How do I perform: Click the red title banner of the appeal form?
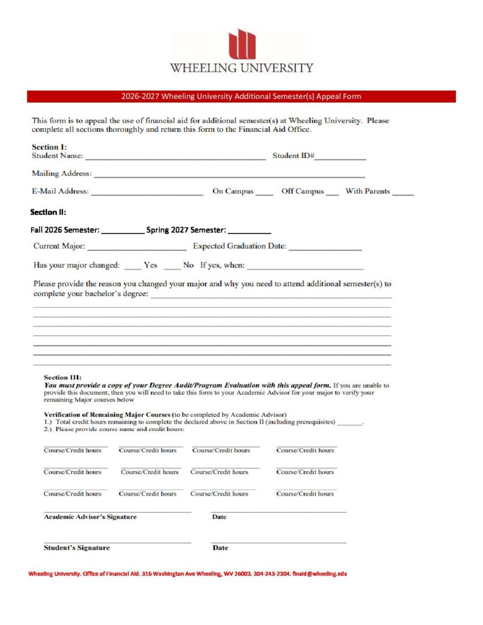pyautogui.click(x=241, y=96)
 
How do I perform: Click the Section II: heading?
pyautogui.click(x=48, y=212)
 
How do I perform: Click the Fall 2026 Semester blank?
pyautogui.click(x=123, y=231)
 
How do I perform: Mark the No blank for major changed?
pyautogui.click(x=172, y=266)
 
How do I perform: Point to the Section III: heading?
pyautogui.click(x=63, y=377)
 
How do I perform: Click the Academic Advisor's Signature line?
pyautogui.click(x=117, y=510)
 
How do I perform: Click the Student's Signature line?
pyautogui.click(x=117, y=540)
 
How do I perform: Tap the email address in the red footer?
pyautogui.click(x=319, y=574)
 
